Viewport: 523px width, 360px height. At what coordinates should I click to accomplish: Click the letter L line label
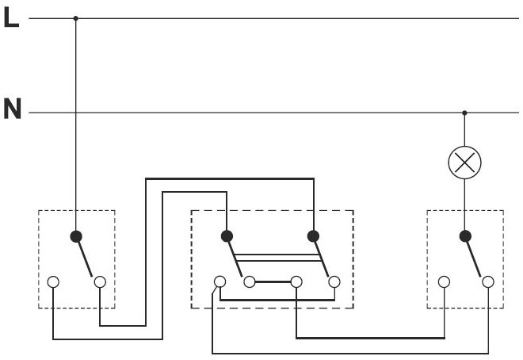click(11, 18)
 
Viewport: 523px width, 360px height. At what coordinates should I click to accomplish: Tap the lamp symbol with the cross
click(464, 163)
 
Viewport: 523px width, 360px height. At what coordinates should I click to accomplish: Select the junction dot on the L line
click(76, 17)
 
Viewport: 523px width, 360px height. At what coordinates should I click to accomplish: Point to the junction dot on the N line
click(464, 113)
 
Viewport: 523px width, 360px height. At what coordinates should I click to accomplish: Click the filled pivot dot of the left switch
click(76, 236)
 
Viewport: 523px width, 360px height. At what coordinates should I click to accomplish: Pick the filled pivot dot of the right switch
click(464, 236)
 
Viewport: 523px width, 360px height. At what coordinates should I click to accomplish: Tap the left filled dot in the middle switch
click(227, 236)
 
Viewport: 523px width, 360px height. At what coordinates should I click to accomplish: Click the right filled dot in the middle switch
click(313, 236)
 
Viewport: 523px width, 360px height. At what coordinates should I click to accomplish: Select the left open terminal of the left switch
click(53, 281)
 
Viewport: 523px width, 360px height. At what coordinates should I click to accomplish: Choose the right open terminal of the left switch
click(100, 281)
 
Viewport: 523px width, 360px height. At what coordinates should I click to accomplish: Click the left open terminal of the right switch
click(444, 281)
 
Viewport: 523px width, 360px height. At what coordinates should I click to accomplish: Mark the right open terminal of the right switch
click(488, 281)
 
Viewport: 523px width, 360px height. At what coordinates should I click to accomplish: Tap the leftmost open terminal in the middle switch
click(220, 281)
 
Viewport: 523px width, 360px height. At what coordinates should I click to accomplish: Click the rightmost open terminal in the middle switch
click(334, 281)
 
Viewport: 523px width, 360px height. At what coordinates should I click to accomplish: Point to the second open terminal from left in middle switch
click(250, 281)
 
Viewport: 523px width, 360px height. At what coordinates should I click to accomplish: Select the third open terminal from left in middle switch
click(296, 281)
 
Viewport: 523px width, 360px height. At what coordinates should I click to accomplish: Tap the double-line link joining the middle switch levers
click(277, 258)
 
